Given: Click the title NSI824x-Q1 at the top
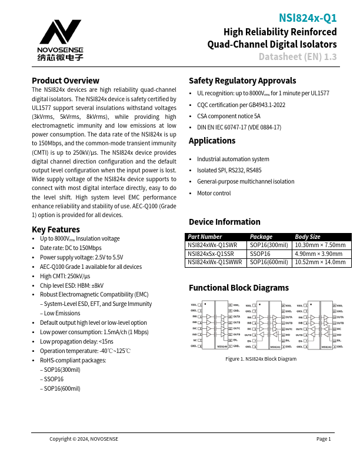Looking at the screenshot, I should pyautogui.click(x=308, y=19).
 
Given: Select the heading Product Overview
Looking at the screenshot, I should pyautogui.click(x=65, y=81).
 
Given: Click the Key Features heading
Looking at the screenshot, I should pyautogui.click(x=55, y=229).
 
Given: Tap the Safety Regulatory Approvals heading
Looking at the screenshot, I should pyautogui.click(x=242, y=81).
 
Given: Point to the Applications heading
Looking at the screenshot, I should pyautogui.click(x=212, y=141).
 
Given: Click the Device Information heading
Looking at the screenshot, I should pyautogui.click(x=224, y=222).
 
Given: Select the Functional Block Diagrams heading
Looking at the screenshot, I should pyautogui.click(x=238, y=288).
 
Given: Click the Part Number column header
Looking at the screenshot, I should pyautogui.click(x=204, y=237).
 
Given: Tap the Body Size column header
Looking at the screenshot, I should pyautogui.click(x=308, y=237).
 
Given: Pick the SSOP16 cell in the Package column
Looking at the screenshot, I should pyautogui.click(x=260, y=254).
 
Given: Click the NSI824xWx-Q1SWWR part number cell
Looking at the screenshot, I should pyautogui.click(x=215, y=262).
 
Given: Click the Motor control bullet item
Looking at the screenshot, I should pyautogui.click(x=214, y=193).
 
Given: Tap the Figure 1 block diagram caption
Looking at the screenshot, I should pyautogui.click(x=262, y=359).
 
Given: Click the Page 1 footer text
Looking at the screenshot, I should pyautogui.click(x=324, y=439).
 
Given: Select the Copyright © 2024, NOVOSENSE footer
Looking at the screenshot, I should pyautogui.click(x=84, y=439).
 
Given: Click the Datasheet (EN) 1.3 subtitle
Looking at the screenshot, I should pyautogui.click(x=298, y=57).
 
